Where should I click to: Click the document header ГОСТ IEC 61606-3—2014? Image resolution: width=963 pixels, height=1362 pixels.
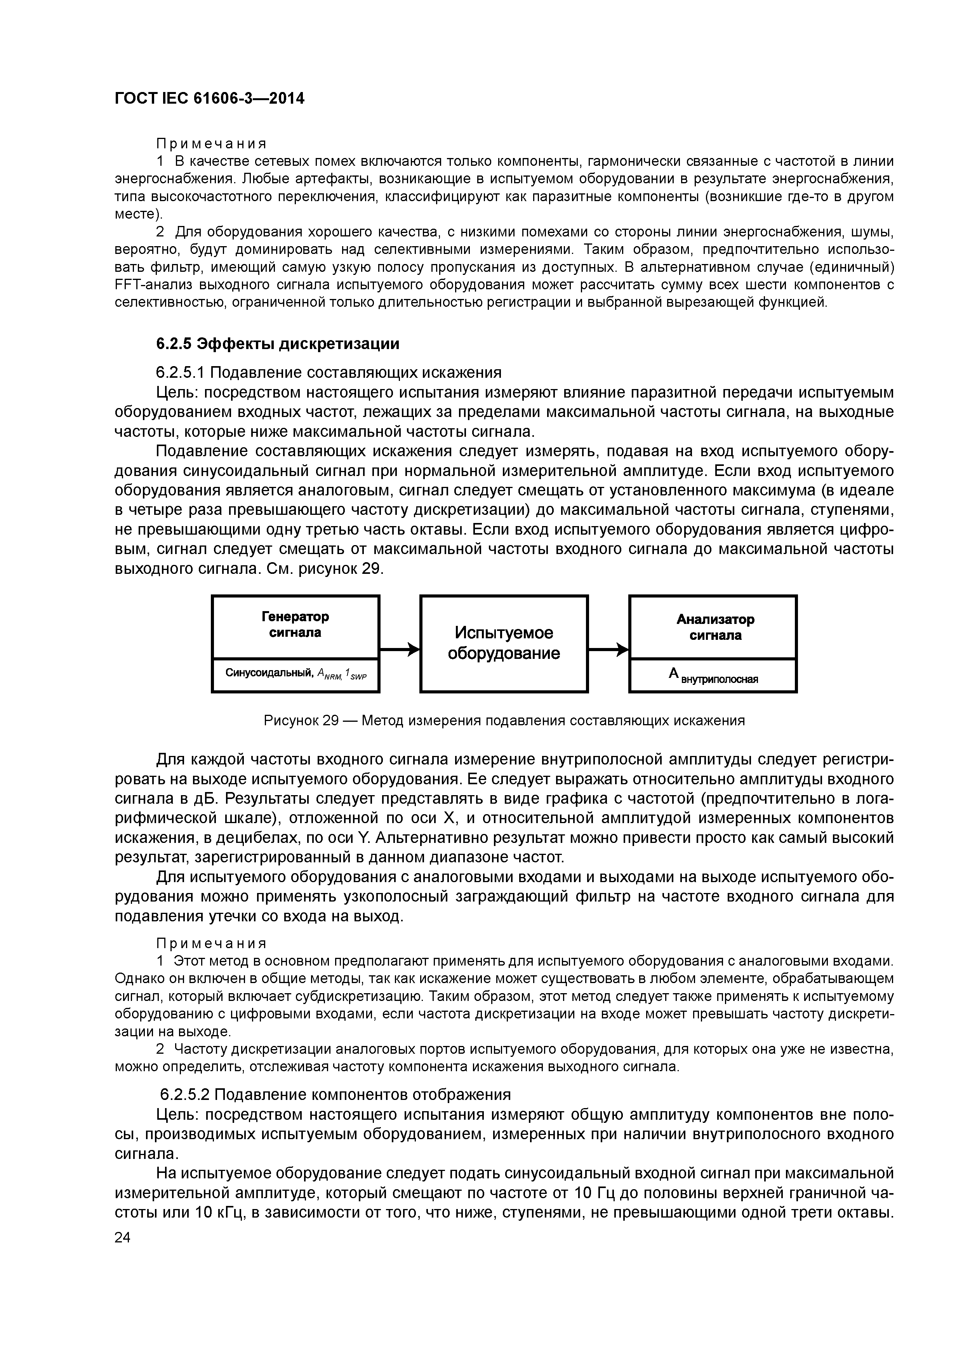pyautogui.click(x=209, y=99)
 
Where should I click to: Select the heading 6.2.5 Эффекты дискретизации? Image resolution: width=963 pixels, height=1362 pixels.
pyautogui.click(x=278, y=344)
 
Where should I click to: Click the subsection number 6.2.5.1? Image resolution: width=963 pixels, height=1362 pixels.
pyautogui.click(x=180, y=373)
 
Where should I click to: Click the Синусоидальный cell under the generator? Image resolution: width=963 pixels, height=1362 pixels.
pyautogui.click(x=296, y=674)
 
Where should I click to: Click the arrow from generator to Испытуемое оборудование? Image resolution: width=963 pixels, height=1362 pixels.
pyautogui.click(x=399, y=650)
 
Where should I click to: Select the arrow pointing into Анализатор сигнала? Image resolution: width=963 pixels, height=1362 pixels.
pyautogui.click(x=608, y=650)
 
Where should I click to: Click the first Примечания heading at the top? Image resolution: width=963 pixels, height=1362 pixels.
pyautogui.click(x=211, y=144)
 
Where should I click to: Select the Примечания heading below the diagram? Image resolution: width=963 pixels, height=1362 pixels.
pyautogui.click(x=211, y=943)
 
